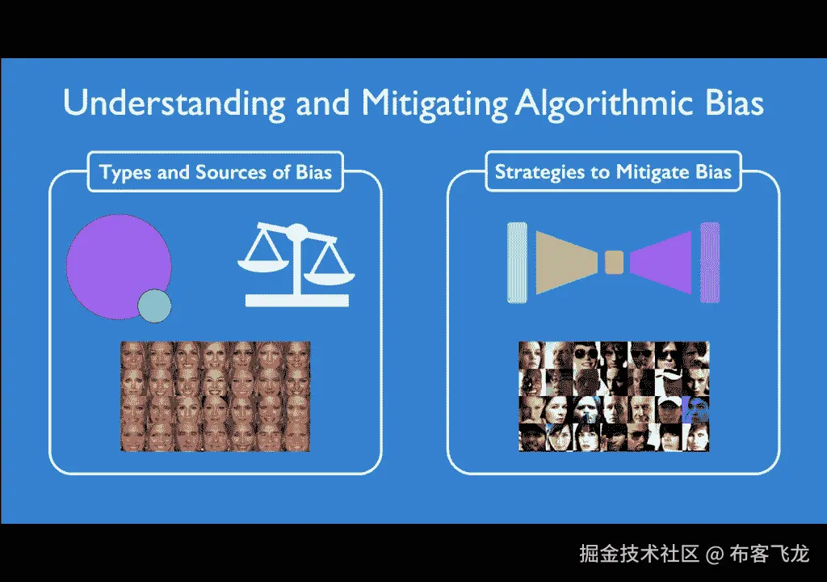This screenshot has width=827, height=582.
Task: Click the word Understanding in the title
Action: [x=174, y=103]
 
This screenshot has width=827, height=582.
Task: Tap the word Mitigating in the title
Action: [x=434, y=103]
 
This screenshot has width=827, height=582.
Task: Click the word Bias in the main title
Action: [x=734, y=103]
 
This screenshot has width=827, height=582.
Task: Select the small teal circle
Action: [x=154, y=306]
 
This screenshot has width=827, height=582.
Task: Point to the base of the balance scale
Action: [x=297, y=301]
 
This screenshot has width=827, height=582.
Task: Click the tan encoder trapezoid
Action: [x=565, y=263]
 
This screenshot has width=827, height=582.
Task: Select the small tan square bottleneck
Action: [x=614, y=263]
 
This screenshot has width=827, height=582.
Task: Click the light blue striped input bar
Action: [x=517, y=263]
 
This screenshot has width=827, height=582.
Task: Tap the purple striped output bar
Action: [x=710, y=263]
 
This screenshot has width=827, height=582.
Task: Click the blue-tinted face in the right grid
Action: [x=695, y=410]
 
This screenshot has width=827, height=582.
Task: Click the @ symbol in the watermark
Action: [x=714, y=554]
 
